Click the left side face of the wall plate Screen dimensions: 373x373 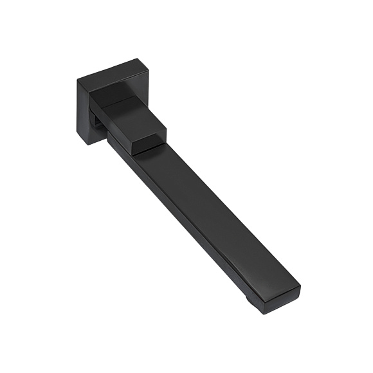[x=82, y=112]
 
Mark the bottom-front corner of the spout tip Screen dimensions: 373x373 [x=265, y=313]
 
